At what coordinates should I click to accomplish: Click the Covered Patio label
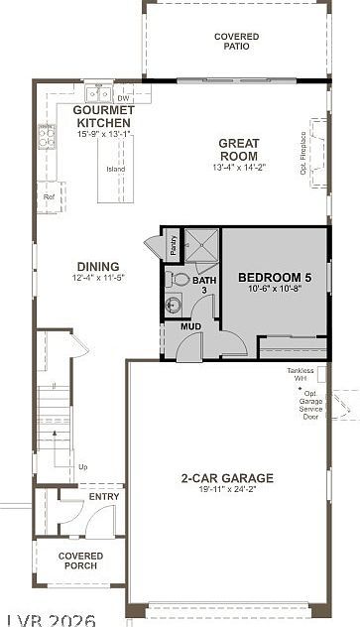236,41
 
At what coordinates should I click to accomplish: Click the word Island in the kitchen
116,168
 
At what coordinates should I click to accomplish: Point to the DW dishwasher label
124,98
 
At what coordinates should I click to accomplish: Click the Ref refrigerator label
49,196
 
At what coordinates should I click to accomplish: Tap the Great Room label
238,149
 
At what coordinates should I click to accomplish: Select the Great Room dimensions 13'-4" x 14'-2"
238,168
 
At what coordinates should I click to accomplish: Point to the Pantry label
173,245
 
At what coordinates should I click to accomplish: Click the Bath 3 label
203,286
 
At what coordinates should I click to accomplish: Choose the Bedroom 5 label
275,278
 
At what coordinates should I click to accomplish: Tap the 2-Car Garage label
227,478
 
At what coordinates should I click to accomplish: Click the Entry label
104,496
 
